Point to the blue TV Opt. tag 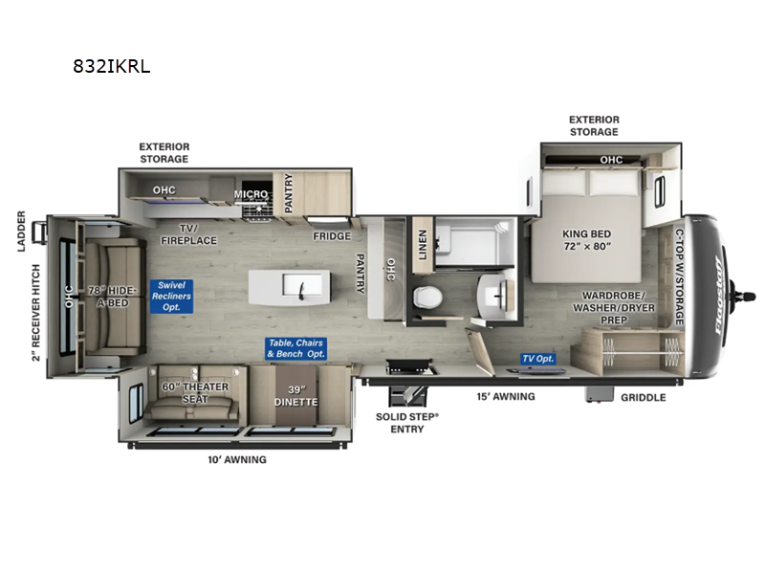click(x=537, y=359)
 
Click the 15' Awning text click(x=506, y=396)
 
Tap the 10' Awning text click(x=238, y=459)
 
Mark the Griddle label click(x=642, y=397)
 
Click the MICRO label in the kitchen click(x=251, y=194)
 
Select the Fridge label click(x=332, y=236)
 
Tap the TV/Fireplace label click(x=200, y=234)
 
